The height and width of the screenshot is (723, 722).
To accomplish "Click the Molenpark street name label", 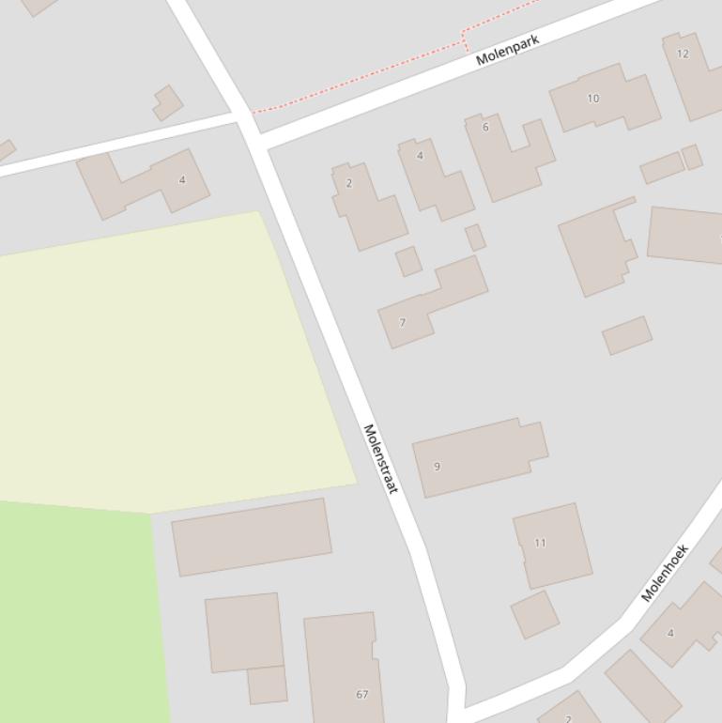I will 508,50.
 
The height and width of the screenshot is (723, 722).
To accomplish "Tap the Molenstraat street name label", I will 380,458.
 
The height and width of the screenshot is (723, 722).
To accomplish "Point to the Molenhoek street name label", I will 665,572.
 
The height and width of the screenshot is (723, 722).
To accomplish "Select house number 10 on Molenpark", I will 592,98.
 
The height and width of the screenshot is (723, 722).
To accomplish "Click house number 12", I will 683,54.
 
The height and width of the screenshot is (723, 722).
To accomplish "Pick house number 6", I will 485,127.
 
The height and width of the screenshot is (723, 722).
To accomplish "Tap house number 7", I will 403,322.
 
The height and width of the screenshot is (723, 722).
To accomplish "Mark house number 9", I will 437,466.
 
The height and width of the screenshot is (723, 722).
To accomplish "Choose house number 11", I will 540,542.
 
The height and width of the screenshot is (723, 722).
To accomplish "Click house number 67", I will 362,694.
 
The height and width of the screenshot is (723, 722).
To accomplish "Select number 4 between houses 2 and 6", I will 420,156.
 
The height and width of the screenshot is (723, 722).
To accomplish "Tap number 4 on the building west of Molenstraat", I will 182,179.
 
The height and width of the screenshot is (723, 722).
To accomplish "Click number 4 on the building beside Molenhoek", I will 670,633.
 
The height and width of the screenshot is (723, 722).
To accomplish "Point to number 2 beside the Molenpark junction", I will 349,183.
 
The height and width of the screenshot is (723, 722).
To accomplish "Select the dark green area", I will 75,610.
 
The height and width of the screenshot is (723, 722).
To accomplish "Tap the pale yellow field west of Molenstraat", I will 169,357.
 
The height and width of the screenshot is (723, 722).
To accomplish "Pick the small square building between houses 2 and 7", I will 408,261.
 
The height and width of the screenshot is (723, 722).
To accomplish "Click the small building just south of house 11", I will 535,614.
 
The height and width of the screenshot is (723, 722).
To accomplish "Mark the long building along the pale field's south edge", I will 251,536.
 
